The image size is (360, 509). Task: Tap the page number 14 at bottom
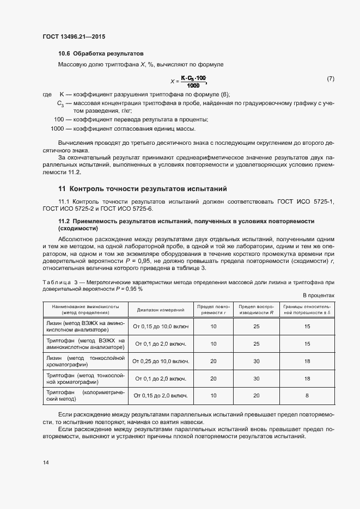pos(46,462)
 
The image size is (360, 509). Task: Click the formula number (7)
pos(330,79)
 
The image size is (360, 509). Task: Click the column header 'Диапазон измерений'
pos(161,310)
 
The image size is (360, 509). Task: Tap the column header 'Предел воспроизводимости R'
pos(256,310)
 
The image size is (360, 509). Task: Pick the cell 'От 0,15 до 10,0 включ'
pos(161,326)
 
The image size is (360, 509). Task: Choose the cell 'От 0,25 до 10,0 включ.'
pos(161,361)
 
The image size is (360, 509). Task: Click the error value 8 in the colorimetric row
pos(307,396)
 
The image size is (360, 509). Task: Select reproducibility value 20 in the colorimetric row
pos(256,396)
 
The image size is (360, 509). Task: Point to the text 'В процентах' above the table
pos(319,295)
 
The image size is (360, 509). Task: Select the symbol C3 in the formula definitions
pos(60,103)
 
